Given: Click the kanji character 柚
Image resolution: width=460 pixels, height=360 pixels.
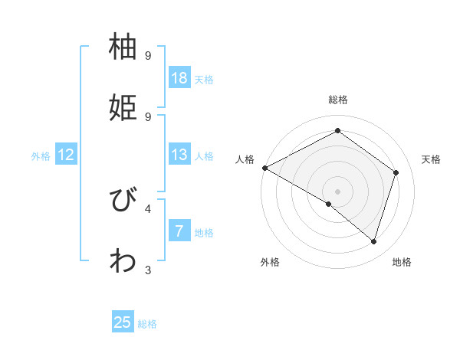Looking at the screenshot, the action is [x=124, y=47].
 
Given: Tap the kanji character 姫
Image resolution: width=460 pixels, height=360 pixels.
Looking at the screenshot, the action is [x=124, y=106].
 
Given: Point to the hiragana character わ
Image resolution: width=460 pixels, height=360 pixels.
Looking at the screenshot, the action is [x=124, y=260].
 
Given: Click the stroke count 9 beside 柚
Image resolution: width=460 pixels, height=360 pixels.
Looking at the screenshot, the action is [x=148, y=56].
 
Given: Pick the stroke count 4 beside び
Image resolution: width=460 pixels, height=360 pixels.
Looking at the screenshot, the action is [x=148, y=208].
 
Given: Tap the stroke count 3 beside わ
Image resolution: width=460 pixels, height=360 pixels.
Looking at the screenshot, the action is [x=148, y=269].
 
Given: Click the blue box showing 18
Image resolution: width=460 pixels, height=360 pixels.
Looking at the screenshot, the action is [x=179, y=78].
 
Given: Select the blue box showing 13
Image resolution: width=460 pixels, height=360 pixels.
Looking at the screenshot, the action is [x=179, y=155].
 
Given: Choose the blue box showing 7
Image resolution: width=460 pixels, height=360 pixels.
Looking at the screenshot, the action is [x=179, y=231].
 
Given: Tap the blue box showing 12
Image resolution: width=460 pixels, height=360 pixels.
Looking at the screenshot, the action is [x=66, y=155].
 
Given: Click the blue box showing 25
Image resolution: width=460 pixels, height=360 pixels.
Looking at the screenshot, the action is [x=123, y=322].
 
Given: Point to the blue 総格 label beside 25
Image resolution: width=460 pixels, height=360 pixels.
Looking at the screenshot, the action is [x=147, y=324].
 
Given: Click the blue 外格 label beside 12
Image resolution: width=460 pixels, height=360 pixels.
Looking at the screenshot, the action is [x=41, y=156].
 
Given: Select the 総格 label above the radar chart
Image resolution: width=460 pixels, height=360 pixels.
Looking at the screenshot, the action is [x=337, y=100].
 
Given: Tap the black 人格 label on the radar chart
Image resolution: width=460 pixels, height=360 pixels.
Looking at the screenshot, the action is [x=245, y=159].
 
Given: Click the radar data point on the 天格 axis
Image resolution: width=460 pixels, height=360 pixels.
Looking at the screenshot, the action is [x=396, y=172].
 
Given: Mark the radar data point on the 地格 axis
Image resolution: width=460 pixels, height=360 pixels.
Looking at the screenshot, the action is [x=374, y=242].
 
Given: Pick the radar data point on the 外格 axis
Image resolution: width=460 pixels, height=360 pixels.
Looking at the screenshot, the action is [x=329, y=204].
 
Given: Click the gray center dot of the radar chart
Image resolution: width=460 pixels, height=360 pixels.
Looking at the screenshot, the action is [x=337, y=191].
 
